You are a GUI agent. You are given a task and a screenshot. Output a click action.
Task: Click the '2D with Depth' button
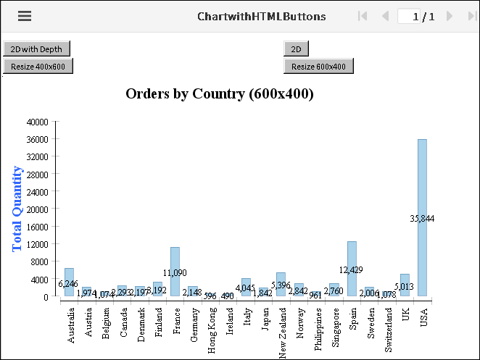click(37, 49)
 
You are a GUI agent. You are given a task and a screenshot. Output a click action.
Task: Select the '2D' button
click(296, 49)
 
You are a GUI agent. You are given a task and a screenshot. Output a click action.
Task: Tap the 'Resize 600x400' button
click(318, 67)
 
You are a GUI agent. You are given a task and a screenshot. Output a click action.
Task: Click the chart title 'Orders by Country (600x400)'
click(219, 93)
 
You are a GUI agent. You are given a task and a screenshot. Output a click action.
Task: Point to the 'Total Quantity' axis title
click(18, 209)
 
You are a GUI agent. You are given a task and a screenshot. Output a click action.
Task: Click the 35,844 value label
click(422, 219)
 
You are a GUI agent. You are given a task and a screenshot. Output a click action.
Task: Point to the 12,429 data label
click(352, 270)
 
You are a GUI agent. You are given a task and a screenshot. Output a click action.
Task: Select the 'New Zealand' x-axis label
click(281, 325)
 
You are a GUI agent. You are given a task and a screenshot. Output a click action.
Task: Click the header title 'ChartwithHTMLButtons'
click(261, 16)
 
